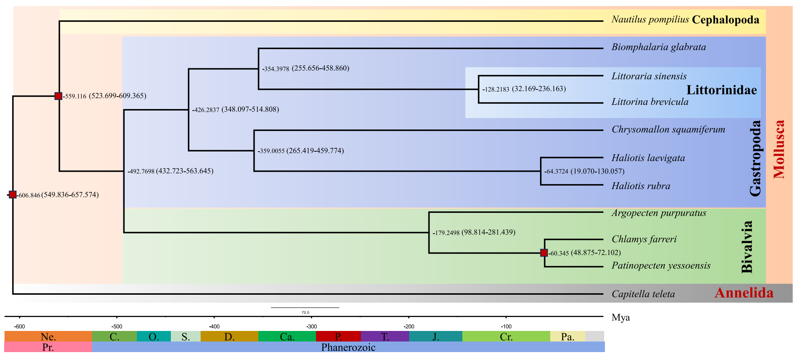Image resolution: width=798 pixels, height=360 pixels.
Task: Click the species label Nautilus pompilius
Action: (x=650, y=20)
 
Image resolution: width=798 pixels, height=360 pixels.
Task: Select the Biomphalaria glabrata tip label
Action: (x=658, y=47)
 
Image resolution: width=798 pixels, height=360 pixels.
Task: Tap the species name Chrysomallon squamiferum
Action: (x=668, y=129)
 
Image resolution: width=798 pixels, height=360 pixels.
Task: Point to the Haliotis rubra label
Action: (x=641, y=186)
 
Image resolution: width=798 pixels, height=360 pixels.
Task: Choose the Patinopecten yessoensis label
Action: (x=661, y=266)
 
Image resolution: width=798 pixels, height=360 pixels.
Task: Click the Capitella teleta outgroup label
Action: (x=643, y=294)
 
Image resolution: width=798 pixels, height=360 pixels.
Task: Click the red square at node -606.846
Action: (x=12, y=195)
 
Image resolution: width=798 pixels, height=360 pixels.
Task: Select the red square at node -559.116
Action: (x=58, y=96)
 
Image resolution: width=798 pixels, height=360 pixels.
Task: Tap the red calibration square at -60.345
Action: (x=544, y=253)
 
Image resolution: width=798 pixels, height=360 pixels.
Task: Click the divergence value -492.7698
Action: (x=141, y=171)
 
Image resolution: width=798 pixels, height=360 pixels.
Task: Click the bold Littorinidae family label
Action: (x=721, y=90)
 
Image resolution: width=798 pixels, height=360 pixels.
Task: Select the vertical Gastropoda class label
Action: (x=755, y=158)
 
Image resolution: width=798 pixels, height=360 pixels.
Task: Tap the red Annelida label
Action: (x=744, y=293)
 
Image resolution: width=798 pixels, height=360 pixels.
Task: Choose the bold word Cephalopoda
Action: (x=726, y=20)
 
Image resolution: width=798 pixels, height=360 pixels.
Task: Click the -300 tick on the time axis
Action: (x=312, y=326)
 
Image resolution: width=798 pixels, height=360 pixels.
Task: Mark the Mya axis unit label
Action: (x=621, y=318)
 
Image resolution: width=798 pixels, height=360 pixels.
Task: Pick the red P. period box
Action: (x=338, y=336)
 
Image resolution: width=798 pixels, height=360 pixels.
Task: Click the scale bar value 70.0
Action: (x=305, y=312)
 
